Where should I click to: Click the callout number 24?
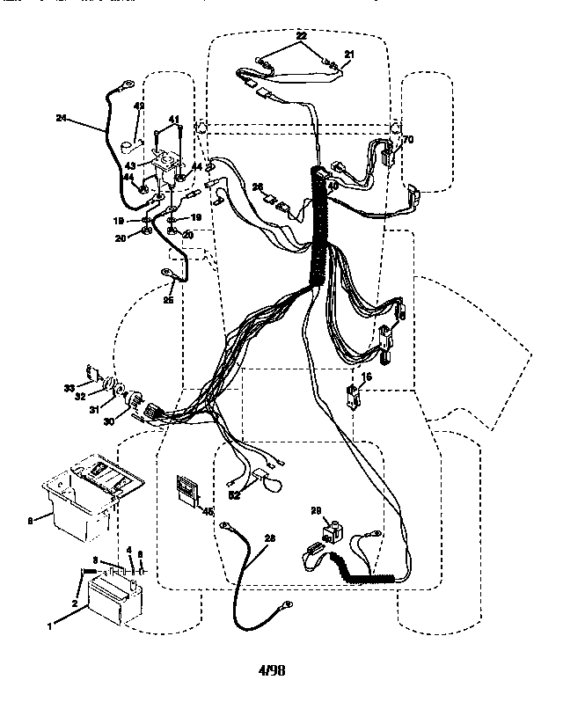pyautogui.click(x=61, y=118)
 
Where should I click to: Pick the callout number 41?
pyautogui.click(x=173, y=120)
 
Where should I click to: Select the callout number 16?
pyautogui.click(x=367, y=376)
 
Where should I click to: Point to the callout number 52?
pyautogui.click(x=234, y=494)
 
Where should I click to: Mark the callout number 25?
pyautogui.click(x=167, y=301)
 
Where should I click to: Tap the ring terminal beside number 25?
pyautogui.click(x=168, y=275)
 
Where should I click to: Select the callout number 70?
pyautogui.click(x=408, y=140)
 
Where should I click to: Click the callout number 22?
pyautogui.click(x=301, y=35)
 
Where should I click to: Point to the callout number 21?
pyautogui.click(x=348, y=55)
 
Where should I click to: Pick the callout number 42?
pyautogui.click(x=138, y=106)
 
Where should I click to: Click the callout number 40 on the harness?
pyautogui.click(x=332, y=186)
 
